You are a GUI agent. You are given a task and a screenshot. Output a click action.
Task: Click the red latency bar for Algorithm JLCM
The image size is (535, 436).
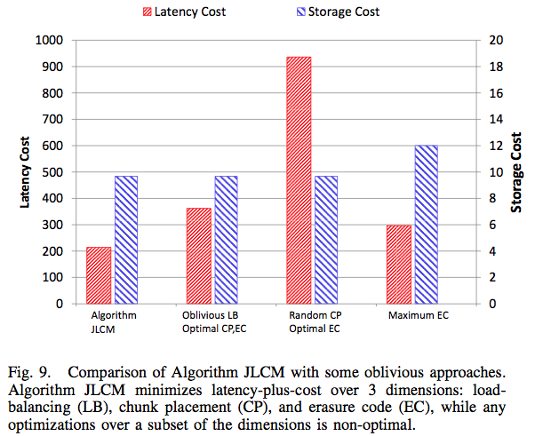coord(99,275)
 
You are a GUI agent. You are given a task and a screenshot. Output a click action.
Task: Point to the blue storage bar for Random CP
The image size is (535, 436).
coord(324,240)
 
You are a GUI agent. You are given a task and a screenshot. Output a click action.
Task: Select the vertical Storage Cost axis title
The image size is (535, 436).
coord(516,172)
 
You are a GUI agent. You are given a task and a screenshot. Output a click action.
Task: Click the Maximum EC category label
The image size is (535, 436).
coord(412,316)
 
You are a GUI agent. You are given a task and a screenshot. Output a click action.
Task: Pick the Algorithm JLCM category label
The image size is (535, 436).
coord(112,322)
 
